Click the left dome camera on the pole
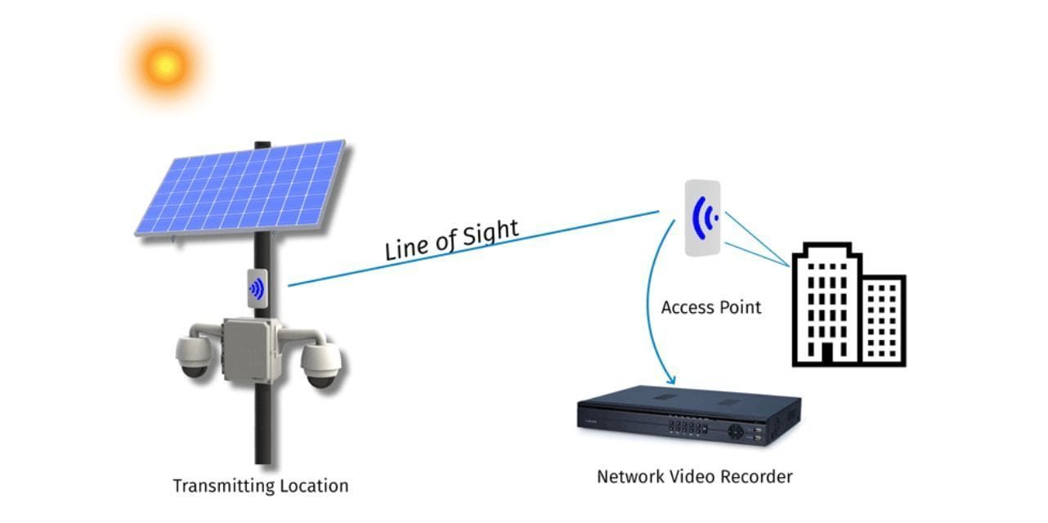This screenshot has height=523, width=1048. click(195, 356)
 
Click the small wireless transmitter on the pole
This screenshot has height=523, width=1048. click(257, 288)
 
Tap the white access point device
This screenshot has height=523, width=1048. click(703, 218)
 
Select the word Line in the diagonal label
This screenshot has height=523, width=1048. click(406, 248)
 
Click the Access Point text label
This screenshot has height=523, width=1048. click(710, 307)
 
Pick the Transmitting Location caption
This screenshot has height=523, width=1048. click(260, 485)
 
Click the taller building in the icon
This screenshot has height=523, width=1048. click(826, 302)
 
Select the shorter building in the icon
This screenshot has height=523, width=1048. click(882, 320)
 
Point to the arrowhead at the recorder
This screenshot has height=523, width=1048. click(672, 380)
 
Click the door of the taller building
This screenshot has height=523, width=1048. click(826, 352)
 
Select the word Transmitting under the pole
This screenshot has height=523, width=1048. click(222, 485)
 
